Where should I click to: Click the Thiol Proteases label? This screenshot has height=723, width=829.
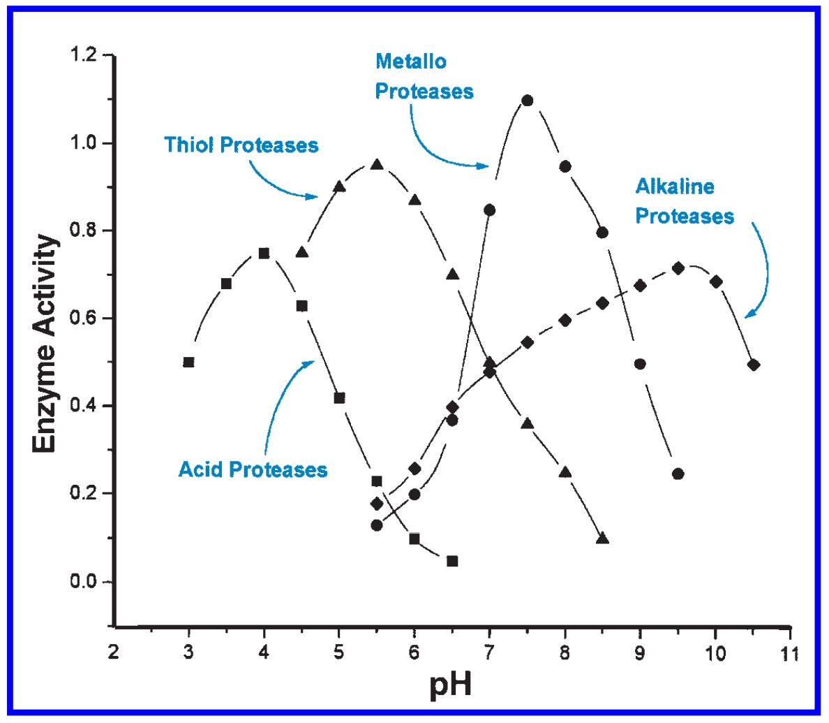tap(241, 145)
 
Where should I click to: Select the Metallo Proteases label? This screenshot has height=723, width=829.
tap(424, 76)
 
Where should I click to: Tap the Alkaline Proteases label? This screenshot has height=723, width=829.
tap(684, 201)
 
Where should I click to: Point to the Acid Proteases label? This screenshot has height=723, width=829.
tap(253, 469)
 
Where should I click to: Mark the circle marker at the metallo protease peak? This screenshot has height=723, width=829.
tap(528, 101)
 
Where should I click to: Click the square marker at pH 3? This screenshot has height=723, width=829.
tap(188, 362)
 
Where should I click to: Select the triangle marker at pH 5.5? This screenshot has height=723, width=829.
tap(377, 165)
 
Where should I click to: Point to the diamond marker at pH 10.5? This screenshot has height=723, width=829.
tap(753, 365)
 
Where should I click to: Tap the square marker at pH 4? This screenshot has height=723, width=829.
tap(264, 253)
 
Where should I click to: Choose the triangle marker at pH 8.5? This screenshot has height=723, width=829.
tap(603, 539)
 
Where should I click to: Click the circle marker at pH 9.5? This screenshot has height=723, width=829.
tap(678, 474)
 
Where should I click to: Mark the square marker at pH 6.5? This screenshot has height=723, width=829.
tap(452, 561)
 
